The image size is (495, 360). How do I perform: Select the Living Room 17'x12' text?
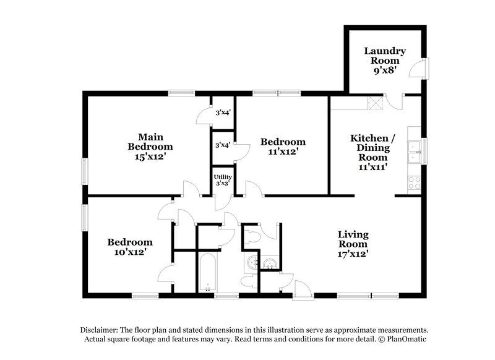click(x=353, y=243)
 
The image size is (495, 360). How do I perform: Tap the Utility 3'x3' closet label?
click(x=223, y=180)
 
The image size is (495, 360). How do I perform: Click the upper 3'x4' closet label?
click(x=223, y=113)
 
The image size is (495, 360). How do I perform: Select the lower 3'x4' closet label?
click(x=223, y=145)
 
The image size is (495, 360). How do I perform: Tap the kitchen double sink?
click(x=414, y=152)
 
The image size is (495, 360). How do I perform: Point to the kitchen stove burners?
click(x=414, y=182)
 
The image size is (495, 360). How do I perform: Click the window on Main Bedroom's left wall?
click(x=85, y=168)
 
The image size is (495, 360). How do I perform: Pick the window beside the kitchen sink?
click(x=424, y=148)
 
